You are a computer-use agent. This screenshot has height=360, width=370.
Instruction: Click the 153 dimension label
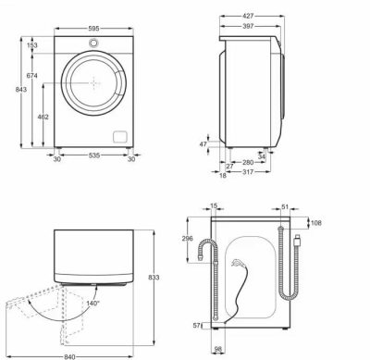[31, 45]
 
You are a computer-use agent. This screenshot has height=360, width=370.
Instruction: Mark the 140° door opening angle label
[92, 302]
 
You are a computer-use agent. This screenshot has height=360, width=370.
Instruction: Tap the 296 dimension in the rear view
[189, 238]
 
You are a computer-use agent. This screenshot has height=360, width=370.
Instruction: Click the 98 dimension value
[218, 349]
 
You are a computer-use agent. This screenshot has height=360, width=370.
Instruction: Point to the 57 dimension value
[195, 325]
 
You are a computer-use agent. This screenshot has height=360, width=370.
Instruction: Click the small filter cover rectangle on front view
[118, 136]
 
